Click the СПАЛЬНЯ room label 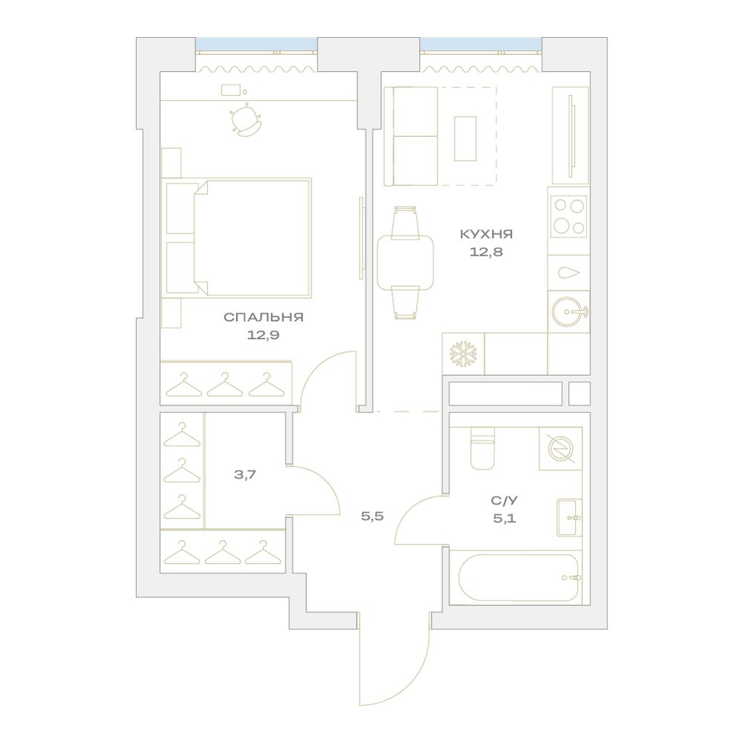tap(264, 317)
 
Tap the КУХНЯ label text tap(486, 234)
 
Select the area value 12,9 tap(263, 335)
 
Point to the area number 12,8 tap(486, 252)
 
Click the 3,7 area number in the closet tap(245, 474)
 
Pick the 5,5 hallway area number tap(372, 516)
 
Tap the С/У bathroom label tap(504, 500)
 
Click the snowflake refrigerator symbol tap(464, 354)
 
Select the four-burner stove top tap(568, 216)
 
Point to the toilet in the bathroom tap(482, 448)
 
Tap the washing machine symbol tap(560, 449)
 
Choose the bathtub tap(519, 577)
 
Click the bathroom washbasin tap(569, 517)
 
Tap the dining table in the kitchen tap(405, 262)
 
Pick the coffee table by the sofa tap(465, 139)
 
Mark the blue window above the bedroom tap(256, 45)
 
